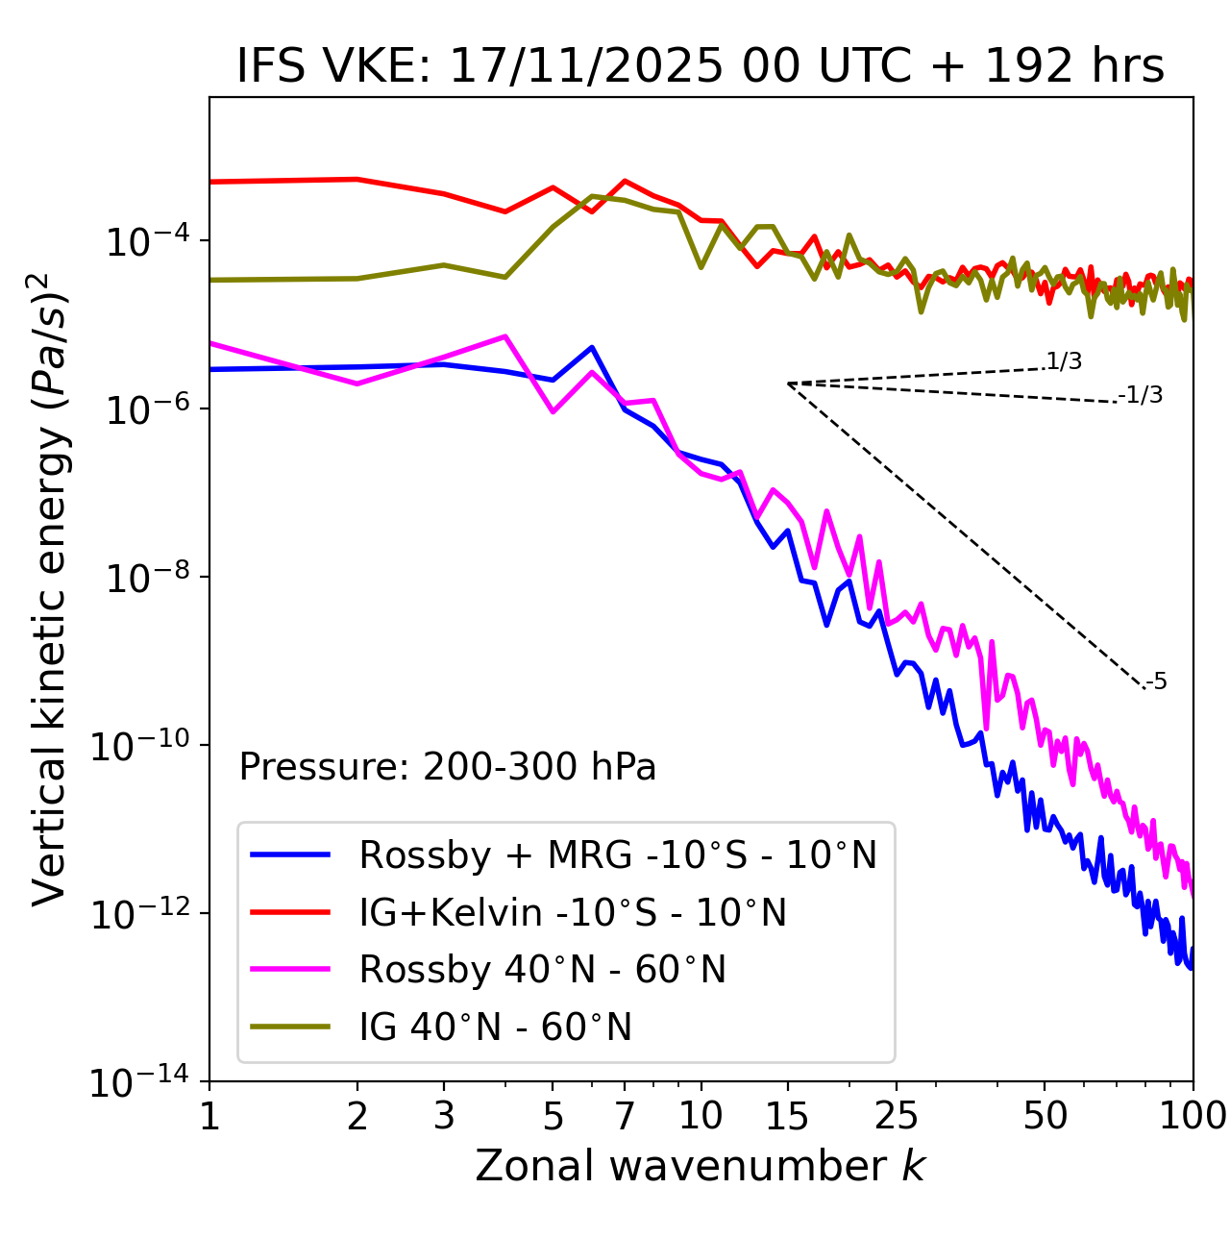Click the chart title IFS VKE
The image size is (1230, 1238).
tap(701, 66)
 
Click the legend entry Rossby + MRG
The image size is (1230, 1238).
tap(618, 854)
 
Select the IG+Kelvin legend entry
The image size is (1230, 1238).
tap(573, 912)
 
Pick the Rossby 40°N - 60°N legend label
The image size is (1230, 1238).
tap(542, 970)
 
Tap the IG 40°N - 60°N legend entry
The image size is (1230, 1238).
tap(495, 1028)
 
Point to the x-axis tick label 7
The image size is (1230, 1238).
tap(625, 1116)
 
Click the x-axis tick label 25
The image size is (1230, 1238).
tap(896, 1116)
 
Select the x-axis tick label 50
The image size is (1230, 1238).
tap(1045, 1116)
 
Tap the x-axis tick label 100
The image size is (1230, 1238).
tap(1193, 1116)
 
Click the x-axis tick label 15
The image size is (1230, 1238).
tap(787, 1116)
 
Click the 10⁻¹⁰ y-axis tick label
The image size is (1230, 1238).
tap(139, 746)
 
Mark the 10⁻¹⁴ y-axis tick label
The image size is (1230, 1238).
tap(139, 1082)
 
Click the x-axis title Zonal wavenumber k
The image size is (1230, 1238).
tap(701, 1166)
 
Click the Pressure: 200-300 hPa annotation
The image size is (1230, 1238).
tap(448, 767)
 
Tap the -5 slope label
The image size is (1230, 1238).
tap(1156, 682)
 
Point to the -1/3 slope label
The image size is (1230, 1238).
tap(1142, 395)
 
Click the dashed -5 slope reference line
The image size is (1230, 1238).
tap(966, 535)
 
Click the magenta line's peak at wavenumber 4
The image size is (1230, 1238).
tap(505, 336)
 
